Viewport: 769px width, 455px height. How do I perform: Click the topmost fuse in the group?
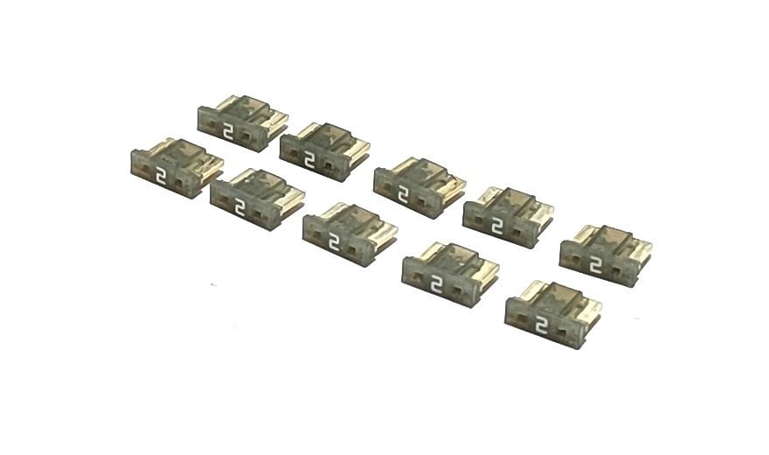pyautogui.click(x=242, y=123)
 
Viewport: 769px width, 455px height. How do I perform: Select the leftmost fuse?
pyautogui.click(x=177, y=168)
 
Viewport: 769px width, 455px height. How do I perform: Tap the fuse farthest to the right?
pyautogui.click(x=606, y=255)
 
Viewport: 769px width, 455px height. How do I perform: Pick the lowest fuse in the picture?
pyautogui.click(x=553, y=315)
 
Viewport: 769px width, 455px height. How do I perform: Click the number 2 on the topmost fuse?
pyautogui.click(x=227, y=132)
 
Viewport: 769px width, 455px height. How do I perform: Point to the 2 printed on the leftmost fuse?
pyautogui.click(x=161, y=176)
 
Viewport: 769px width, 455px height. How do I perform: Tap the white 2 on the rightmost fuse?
pyautogui.click(x=595, y=264)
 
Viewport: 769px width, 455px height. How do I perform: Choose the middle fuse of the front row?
pyautogui.click(x=350, y=234)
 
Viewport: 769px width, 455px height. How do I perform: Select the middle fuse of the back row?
pyautogui.click(x=419, y=187)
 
